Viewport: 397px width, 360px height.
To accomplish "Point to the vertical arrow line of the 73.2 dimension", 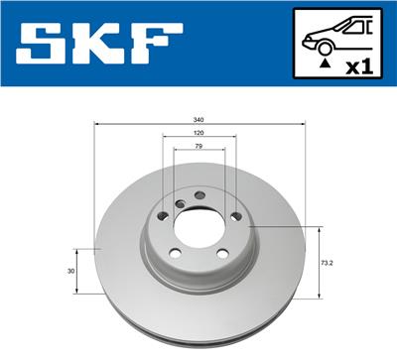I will [318, 263].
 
